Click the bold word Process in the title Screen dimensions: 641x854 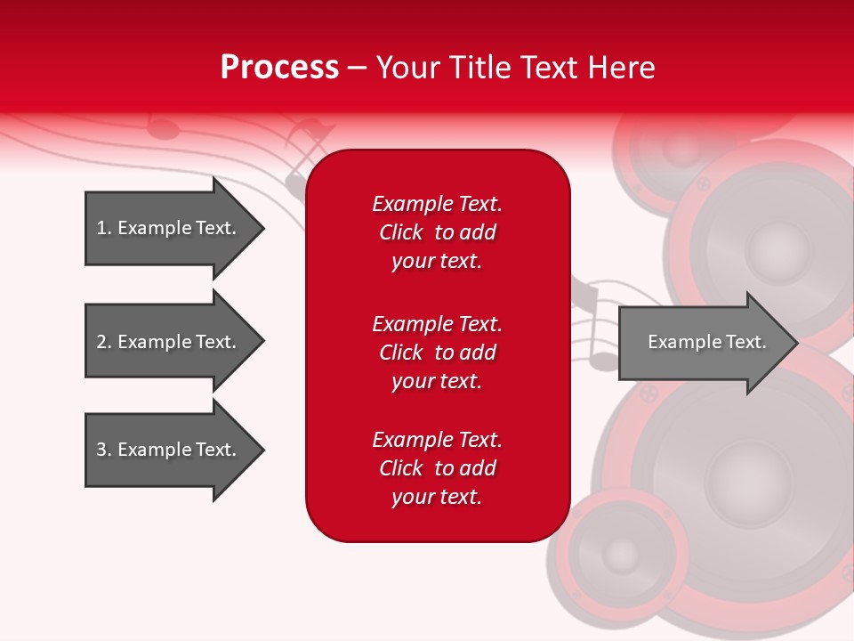pos(279,68)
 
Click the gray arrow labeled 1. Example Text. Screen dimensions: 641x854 pos(169,228)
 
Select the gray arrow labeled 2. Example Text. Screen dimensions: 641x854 pos(169,342)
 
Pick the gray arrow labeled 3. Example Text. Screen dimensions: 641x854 pos(169,450)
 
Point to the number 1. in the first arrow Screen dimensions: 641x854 pos(104,228)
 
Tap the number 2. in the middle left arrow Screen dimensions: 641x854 pos(104,342)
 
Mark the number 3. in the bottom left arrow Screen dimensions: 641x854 pos(104,450)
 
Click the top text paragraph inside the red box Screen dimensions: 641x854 pos(437,232)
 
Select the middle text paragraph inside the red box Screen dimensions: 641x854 pos(437,353)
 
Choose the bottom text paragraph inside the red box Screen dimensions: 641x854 pos(437,468)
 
